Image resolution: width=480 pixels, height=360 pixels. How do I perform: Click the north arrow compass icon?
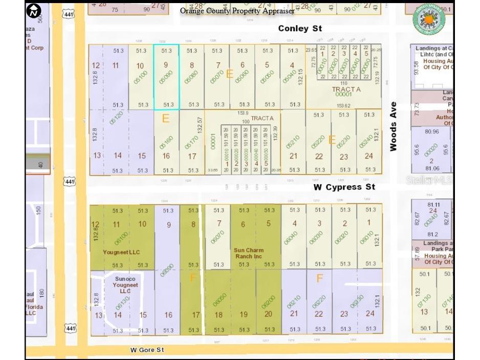[34, 11]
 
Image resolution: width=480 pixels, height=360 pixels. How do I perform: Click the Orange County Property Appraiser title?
[237, 11]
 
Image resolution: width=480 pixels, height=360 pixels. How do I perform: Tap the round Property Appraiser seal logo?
[429, 19]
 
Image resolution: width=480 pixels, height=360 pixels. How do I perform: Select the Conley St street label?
[300, 29]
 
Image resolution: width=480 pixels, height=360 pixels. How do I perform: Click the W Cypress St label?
[344, 187]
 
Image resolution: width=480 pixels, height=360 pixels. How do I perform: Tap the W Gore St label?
[147, 350]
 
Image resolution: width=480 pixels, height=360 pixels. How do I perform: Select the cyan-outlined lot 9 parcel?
[166, 77]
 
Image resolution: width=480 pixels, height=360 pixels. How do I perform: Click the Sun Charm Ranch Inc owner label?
[249, 253]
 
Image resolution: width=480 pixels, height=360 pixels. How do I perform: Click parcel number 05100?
[140, 77]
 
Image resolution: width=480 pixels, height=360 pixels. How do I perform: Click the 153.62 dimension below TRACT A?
[343, 106]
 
